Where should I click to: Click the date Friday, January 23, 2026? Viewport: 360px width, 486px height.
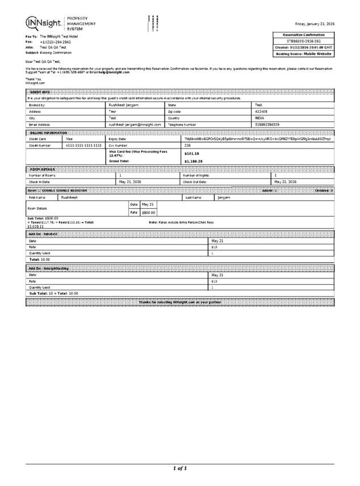(315, 24)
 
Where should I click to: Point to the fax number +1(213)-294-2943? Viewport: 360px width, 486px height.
(55, 42)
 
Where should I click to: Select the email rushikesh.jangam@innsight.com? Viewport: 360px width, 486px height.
(135, 124)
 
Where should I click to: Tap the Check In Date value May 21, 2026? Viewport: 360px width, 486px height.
(130, 182)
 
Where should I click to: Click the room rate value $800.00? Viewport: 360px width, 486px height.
(148, 212)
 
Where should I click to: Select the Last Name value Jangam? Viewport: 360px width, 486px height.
(224, 197)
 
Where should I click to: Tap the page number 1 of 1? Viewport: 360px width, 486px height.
(180, 468)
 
